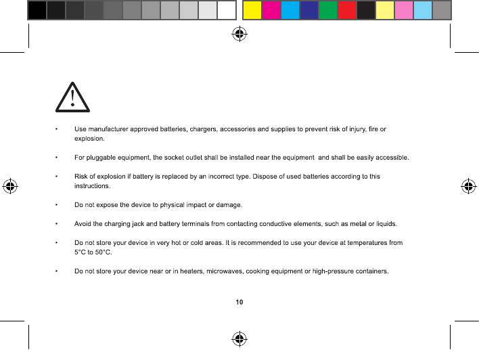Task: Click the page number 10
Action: click(239, 302)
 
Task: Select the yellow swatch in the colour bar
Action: click(252, 9)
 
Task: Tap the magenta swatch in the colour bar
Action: click(271, 9)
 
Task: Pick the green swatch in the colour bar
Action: click(327, 9)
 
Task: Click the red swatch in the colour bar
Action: click(346, 9)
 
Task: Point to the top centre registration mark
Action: click(238, 34)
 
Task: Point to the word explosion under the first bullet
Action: click(89, 138)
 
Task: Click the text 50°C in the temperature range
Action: click(102, 252)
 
